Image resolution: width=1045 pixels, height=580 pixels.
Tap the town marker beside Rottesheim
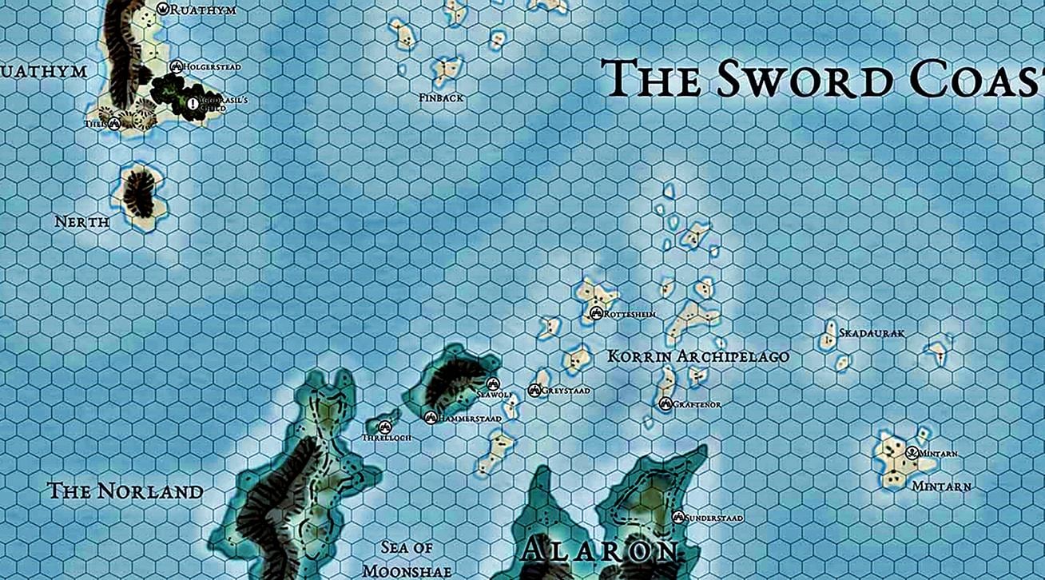click(x=595, y=314)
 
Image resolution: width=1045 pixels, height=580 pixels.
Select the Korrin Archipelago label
click(x=698, y=356)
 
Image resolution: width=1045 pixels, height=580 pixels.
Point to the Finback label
click(x=441, y=97)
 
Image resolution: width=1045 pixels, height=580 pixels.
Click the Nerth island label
click(x=81, y=221)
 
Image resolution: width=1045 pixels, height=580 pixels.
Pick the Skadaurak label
click(x=872, y=332)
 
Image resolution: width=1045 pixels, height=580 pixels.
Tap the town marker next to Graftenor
click(x=666, y=404)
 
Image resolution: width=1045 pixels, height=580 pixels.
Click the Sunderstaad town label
click(x=714, y=518)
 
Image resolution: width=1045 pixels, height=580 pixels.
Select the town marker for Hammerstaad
click(x=431, y=417)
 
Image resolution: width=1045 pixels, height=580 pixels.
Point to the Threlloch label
click(x=384, y=439)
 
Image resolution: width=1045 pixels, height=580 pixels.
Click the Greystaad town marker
click(x=534, y=390)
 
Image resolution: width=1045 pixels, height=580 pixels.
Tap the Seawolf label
click(x=494, y=395)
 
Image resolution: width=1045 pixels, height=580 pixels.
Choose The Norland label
click(x=125, y=491)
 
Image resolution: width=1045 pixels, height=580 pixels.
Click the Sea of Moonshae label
click(x=407, y=558)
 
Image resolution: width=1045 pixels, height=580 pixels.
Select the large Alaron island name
click(x=599, y=551)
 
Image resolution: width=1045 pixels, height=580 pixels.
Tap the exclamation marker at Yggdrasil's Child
click(x=193, y=103)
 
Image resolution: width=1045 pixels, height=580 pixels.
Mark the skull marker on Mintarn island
click(x=912, y=453)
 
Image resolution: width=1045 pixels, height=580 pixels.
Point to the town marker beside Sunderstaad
click(x=679, y=518)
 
